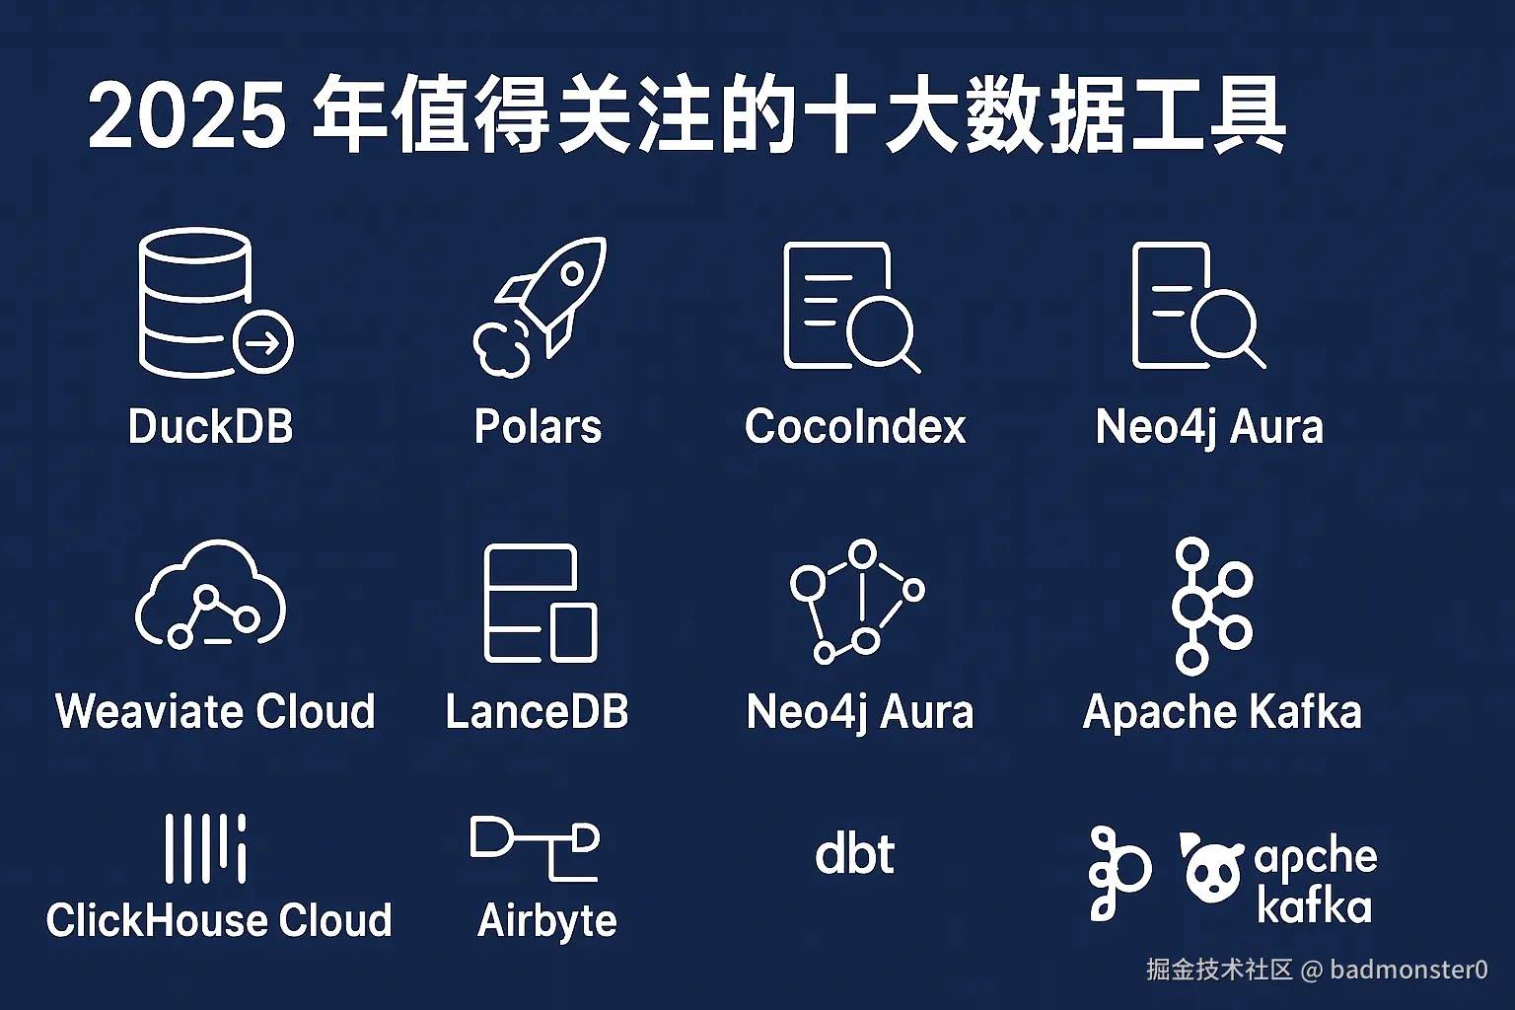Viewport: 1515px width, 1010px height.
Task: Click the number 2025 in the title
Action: coord(187,116)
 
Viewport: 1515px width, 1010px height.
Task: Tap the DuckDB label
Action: coord(210,427)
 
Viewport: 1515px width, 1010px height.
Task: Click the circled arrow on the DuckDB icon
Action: coord(263,342)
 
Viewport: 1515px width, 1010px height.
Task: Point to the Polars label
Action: coord(538,427)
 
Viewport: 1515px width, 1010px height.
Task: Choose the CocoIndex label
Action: coord(855,427)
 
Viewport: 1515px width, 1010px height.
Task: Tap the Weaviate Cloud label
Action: coord(215,711)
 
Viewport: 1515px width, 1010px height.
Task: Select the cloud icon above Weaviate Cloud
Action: coord(210,595)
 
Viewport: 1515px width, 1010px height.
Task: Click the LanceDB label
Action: coord(537,711)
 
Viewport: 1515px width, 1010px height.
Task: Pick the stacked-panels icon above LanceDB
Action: coord(541,603)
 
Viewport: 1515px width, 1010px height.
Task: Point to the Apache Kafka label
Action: coord(1222,711)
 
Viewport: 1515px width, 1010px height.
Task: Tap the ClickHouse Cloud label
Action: coord(219,920)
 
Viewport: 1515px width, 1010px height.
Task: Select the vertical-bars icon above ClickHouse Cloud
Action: coord(205,848)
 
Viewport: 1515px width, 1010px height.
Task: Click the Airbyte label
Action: coord(547,920)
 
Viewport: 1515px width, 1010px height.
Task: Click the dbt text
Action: coord(854,854)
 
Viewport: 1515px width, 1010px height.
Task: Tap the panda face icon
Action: coord(1212,869)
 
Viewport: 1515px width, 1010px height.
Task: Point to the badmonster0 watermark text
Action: coord(1408,970)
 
